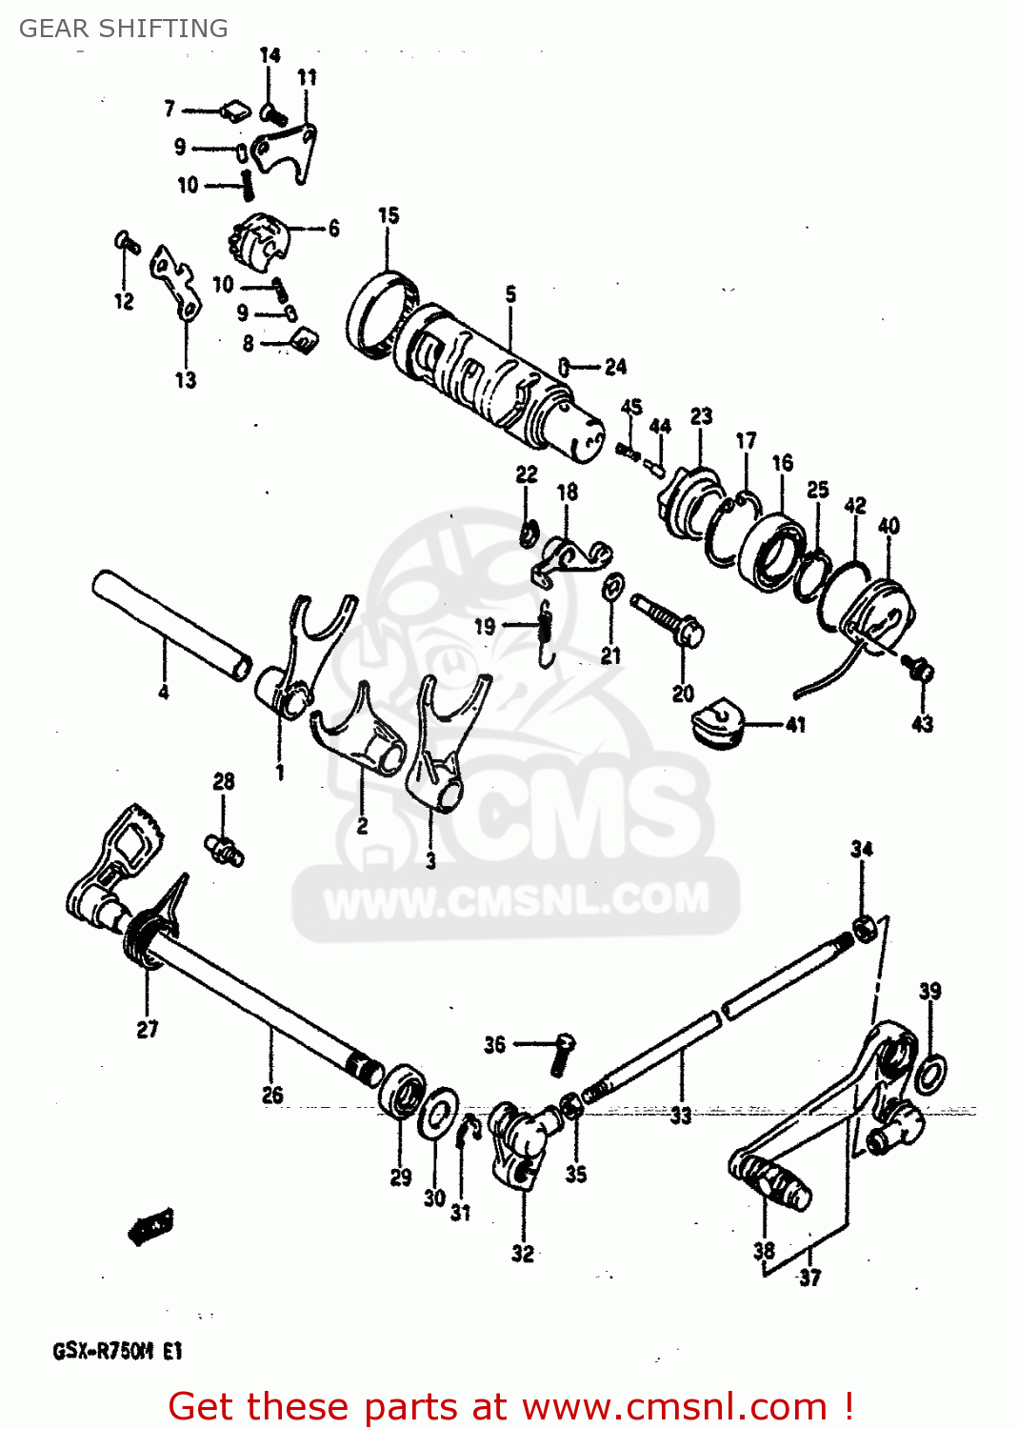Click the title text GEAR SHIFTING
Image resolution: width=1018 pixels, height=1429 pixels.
pyautogui.click(x=123, y=29)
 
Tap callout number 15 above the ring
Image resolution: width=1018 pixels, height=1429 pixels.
pyautogui.click(x=388, y=216)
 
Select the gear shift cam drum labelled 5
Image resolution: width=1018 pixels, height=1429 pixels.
pyautogui.click(x=486, y=381)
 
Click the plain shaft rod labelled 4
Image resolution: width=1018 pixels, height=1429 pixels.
pyautogui.click(x=171, y=623)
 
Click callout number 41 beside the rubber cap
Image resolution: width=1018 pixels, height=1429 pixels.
pyautogui.click(x=795, y=725)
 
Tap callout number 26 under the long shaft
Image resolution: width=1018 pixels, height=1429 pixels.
pyautogui.click(x=272, y=1096)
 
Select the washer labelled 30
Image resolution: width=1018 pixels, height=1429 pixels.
pyautogui.click(x=438, y=1112)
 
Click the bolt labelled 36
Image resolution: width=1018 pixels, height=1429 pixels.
pyautogui.click(x=563, y=1053)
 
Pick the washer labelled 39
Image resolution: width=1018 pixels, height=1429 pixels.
pyautogui.click(x=929, y=1074)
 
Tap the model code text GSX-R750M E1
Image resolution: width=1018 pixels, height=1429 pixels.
pyautogui.click(x=117, y=1351)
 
